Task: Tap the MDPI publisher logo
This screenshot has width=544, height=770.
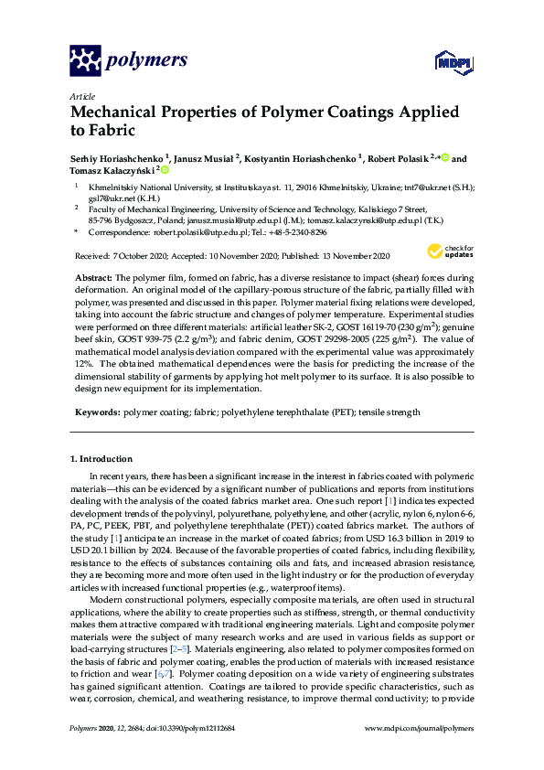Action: point(445,61)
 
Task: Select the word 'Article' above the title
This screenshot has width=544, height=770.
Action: point(80,95)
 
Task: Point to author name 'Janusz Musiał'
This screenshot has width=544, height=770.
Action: point(208,157)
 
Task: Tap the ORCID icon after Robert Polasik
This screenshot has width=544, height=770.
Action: point(444,157)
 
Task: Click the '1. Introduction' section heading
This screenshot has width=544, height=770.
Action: point(101,458)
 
